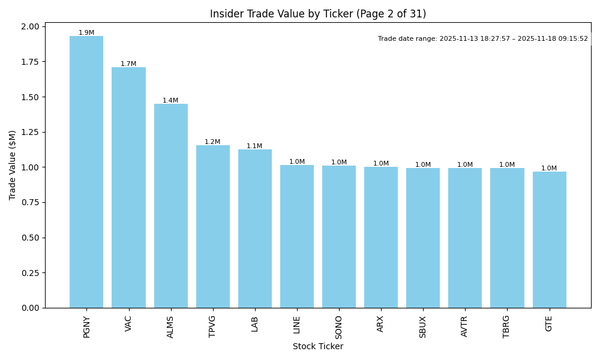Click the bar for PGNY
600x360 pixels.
86,172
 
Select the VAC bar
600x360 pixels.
128,187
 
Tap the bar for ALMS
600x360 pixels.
170,206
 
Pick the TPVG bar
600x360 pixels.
212,226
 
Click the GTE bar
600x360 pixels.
549,239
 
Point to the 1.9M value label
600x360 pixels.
86,33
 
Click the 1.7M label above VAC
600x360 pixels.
128,64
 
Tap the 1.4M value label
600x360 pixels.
170,101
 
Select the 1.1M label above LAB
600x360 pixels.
254,146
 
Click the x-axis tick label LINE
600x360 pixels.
297,325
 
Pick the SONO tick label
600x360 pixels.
339,326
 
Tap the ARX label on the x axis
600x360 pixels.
381,324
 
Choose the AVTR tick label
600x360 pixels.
465,326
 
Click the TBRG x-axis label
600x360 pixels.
507,326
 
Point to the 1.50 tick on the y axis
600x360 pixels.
31,97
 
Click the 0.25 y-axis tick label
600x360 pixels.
31,273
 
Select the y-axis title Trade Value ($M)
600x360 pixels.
13,165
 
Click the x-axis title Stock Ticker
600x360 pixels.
318,347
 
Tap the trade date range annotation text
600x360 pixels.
482,39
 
